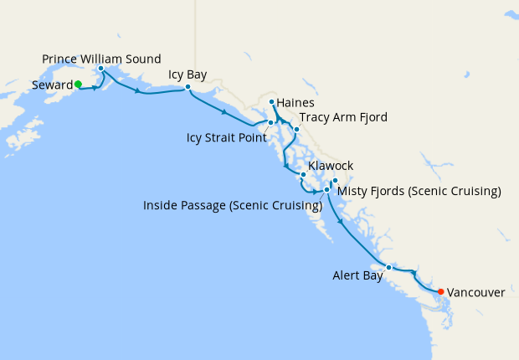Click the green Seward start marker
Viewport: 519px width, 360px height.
(78, 84)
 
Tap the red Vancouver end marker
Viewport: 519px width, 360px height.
(441, 291)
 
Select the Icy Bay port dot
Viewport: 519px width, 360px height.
(188, 87)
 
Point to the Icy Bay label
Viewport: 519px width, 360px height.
(188, 75)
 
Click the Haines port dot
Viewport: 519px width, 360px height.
(272, 102)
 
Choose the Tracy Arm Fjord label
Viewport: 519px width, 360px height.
(343, 117)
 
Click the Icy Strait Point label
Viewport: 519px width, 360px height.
(227, 137)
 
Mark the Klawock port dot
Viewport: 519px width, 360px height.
(303, 175)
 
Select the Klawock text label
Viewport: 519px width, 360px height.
(330, 166)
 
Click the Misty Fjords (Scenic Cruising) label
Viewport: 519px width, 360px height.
(419, 192)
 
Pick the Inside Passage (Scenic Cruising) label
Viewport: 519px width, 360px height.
(233, 205)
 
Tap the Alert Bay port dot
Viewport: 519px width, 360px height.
(388, 267)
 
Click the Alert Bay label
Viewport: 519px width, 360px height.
(358, 274)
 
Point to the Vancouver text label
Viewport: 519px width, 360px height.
(476, 292)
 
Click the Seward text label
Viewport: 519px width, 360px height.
(51, 85)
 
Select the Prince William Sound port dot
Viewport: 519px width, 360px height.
(100, 69)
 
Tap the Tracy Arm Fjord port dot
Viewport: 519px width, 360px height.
(295, 129)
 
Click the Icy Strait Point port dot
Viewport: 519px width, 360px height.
(270, 123)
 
